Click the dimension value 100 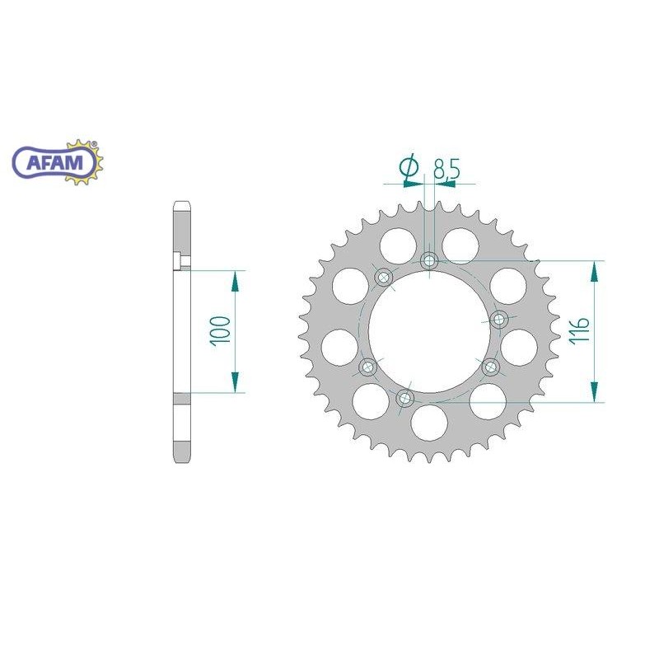(220, 330)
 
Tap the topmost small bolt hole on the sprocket (428, 261)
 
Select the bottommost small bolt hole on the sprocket (404, 400)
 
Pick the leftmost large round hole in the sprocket (337, 346)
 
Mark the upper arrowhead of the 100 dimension (235, 280)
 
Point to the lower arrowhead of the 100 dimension (235, 381)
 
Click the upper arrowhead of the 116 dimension (593, 271)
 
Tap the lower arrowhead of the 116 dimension (593, 392)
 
